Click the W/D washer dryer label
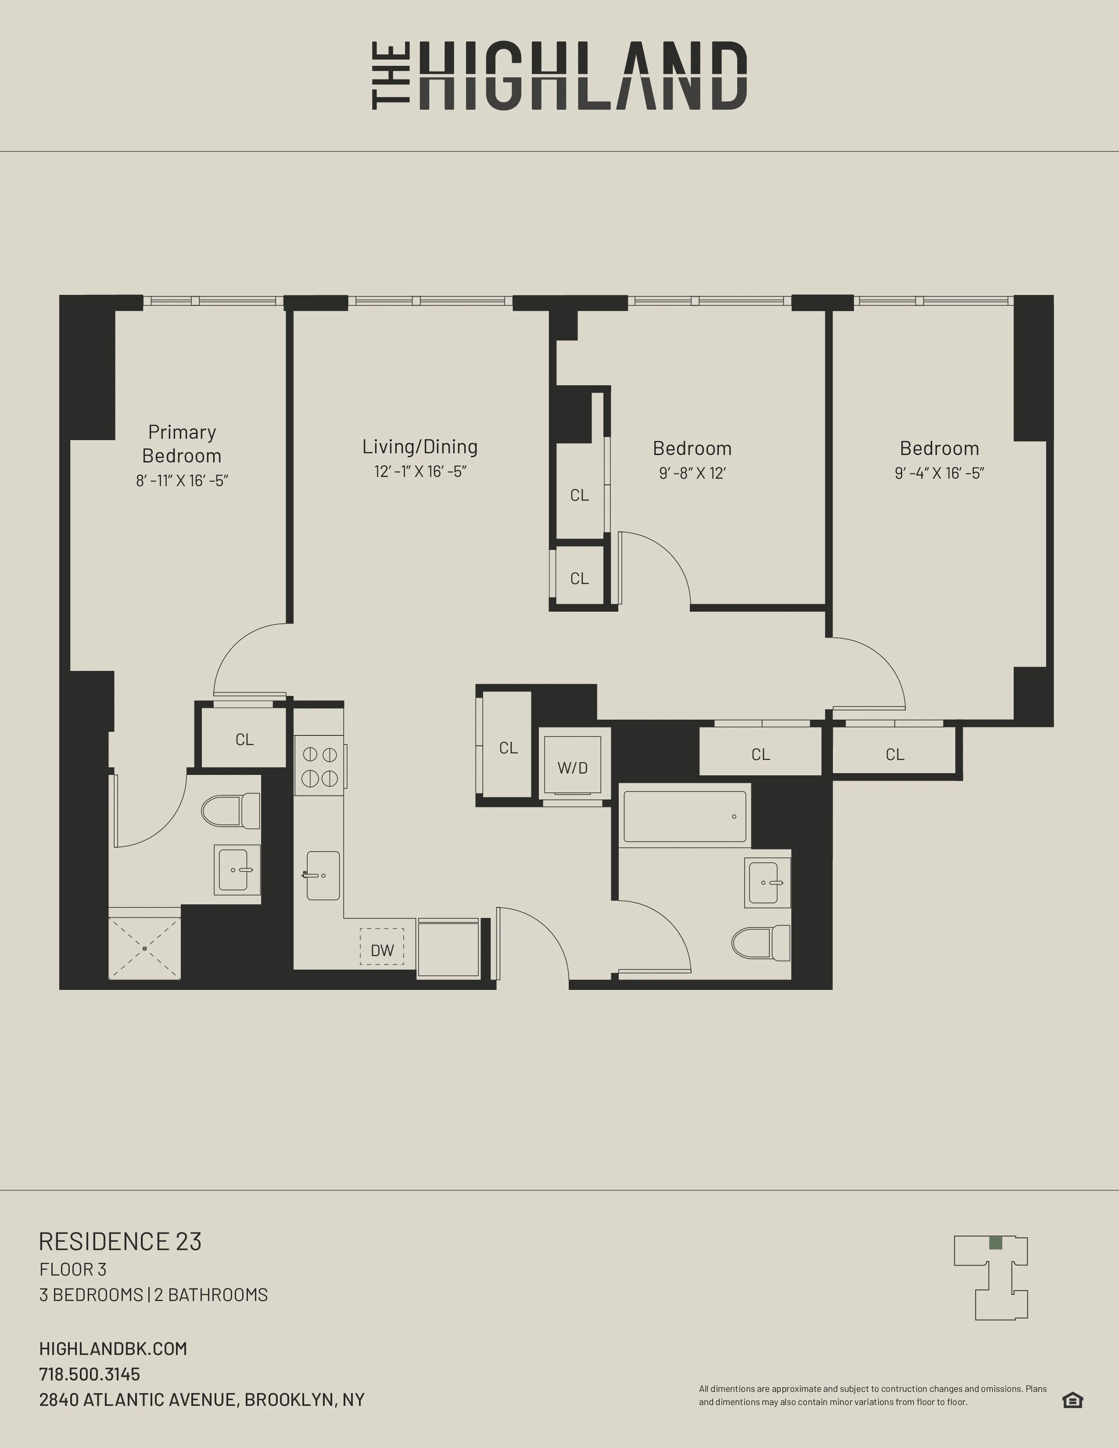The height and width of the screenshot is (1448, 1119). tap(572, 768)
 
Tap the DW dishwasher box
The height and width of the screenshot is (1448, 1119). tap(382, 950)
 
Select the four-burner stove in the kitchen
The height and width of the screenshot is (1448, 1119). tap(319, 766)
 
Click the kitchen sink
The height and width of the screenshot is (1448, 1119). tap(323, 875)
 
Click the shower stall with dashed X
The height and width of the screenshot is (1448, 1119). tap(144, 949)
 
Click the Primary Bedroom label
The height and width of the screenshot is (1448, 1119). tap(182, 444)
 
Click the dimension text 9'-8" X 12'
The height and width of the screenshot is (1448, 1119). tap(692, 473)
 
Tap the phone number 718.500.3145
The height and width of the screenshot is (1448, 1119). tap(90, 1374)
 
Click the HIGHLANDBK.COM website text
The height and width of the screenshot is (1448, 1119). tap(113, 1348)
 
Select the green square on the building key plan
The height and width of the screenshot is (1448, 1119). tap(995, 1243)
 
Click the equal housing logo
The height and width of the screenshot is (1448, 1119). tap(1072, 1400)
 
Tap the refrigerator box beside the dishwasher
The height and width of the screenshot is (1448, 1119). tap(448, 948)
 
